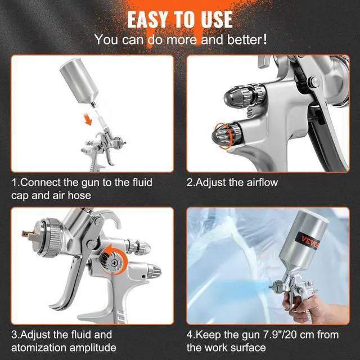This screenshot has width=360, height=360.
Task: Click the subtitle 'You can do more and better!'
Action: click(180, 40)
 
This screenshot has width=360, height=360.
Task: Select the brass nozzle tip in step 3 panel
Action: click(24, 233)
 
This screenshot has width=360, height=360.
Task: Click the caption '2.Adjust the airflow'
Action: click(232, 182)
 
